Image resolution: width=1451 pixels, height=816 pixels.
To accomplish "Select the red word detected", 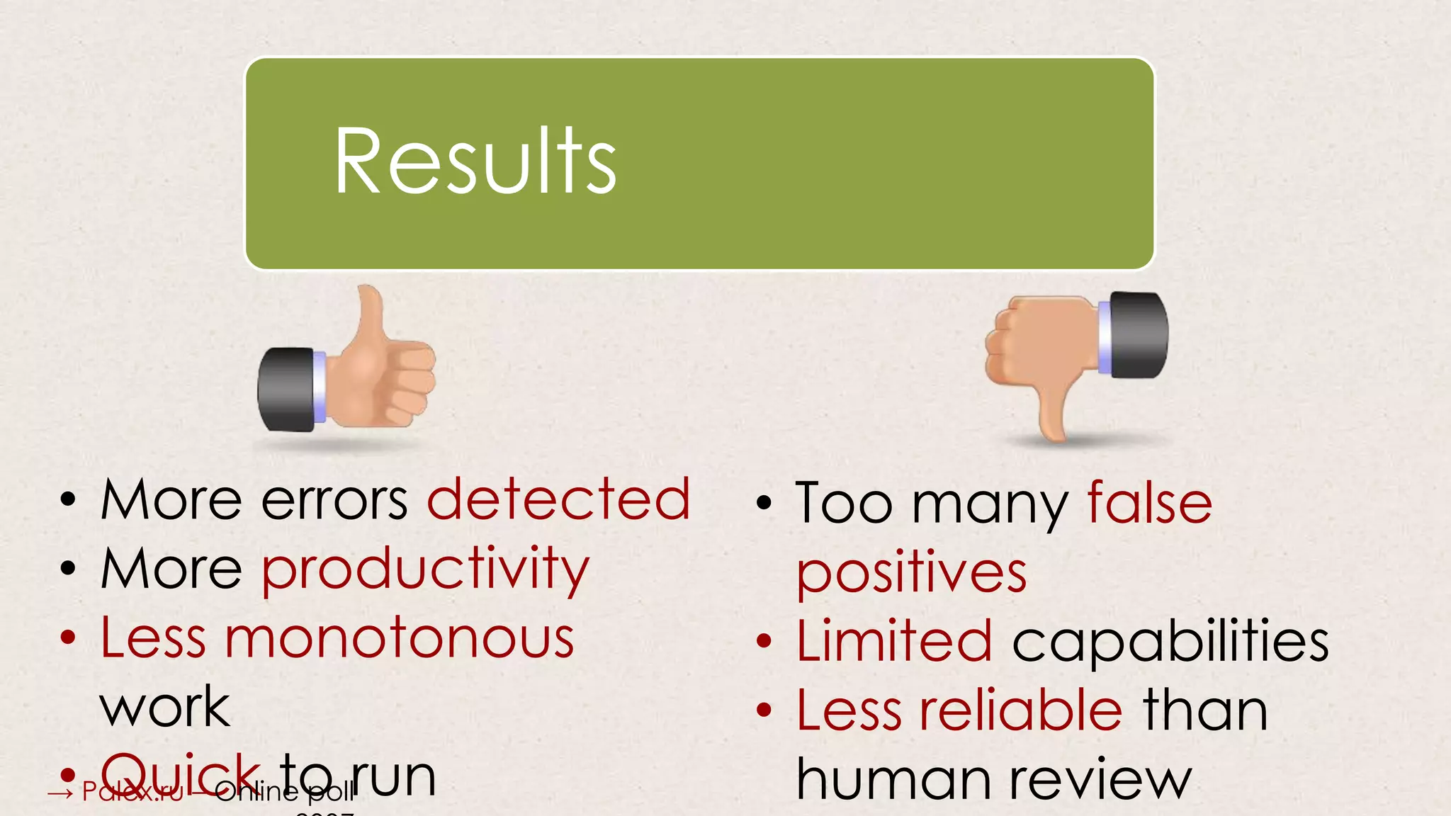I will click(x=558, y=499).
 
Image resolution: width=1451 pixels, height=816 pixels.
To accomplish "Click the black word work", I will click(x=165, y=707).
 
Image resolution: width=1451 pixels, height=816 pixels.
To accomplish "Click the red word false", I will click(x=1149, y=502).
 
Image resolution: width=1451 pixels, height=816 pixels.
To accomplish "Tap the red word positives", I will click(x=911, y=572).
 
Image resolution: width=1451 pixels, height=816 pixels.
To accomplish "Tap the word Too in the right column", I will click(x=843, y=503).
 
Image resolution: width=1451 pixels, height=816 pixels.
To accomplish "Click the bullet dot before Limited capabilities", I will click(x=764, y=641).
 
